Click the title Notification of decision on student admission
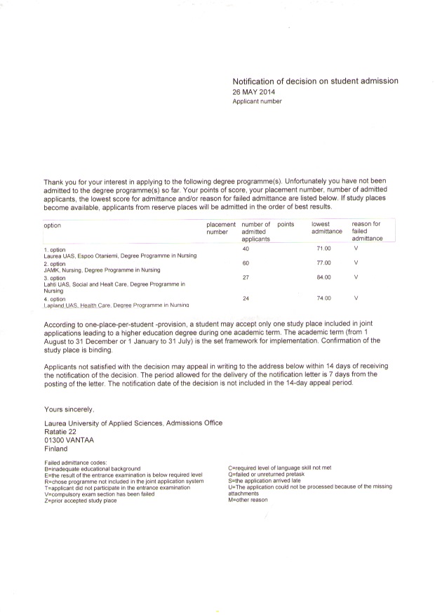[315, 81]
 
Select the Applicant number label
[257, 102]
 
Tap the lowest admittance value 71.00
[323, 249]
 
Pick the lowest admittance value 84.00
[323, 277]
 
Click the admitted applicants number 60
[246, 263]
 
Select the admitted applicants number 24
[246, 299]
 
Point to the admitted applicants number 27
[246, 277]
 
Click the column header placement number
[221, 228]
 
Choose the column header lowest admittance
[326, 228]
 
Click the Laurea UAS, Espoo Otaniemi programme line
[120, 256]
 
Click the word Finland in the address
[56, 449]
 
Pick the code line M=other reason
[248, 500]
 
